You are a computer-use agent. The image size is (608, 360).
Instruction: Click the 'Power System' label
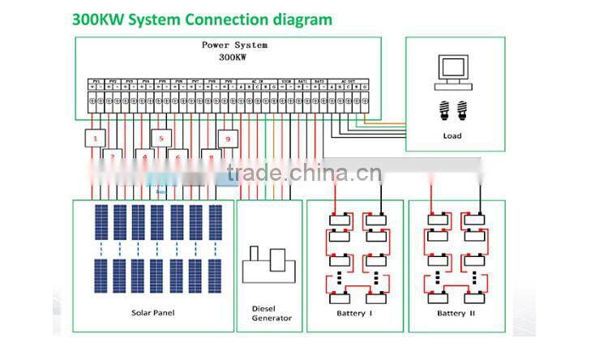click(x=234, y=45)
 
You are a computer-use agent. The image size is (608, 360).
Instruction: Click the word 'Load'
click(x=452, y=135)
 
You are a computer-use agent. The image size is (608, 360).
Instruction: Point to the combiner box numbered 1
click(x=95, y=139)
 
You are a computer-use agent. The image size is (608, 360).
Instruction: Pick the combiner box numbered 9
click(x=229, y=139)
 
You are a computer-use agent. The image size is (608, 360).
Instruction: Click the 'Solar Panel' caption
click(x=152, y=312)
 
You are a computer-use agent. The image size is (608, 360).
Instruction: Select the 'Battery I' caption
click(x=353, y=313)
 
